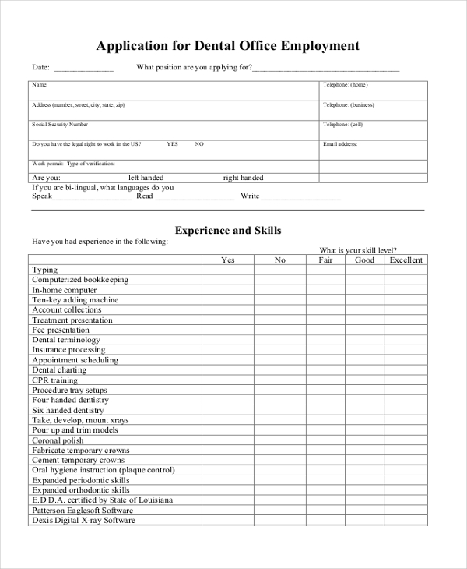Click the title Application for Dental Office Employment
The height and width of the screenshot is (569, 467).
(228, 46)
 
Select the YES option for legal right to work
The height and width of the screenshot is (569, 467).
(173, 144)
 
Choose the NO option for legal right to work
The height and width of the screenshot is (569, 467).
(199, 144)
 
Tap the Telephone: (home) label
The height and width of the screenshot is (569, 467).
(346, 84)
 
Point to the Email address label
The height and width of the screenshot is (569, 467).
(340, 144)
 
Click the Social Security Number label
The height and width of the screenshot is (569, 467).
(60, 125)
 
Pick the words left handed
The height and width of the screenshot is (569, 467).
(146, 178)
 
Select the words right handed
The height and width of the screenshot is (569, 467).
(243, 178)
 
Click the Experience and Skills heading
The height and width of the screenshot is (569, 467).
(228, 231)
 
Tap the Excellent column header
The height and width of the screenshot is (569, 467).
(406, 260)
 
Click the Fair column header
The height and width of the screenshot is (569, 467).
(325, 260)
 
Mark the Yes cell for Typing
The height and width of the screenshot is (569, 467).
(228, 270)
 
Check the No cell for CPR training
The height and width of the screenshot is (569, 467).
(280, 380)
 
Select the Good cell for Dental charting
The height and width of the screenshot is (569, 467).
(364, 370)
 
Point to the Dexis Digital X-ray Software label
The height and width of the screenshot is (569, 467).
(83, 521)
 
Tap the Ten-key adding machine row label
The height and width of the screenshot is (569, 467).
(75, 300)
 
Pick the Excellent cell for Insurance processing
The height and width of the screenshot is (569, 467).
(406, 350)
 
